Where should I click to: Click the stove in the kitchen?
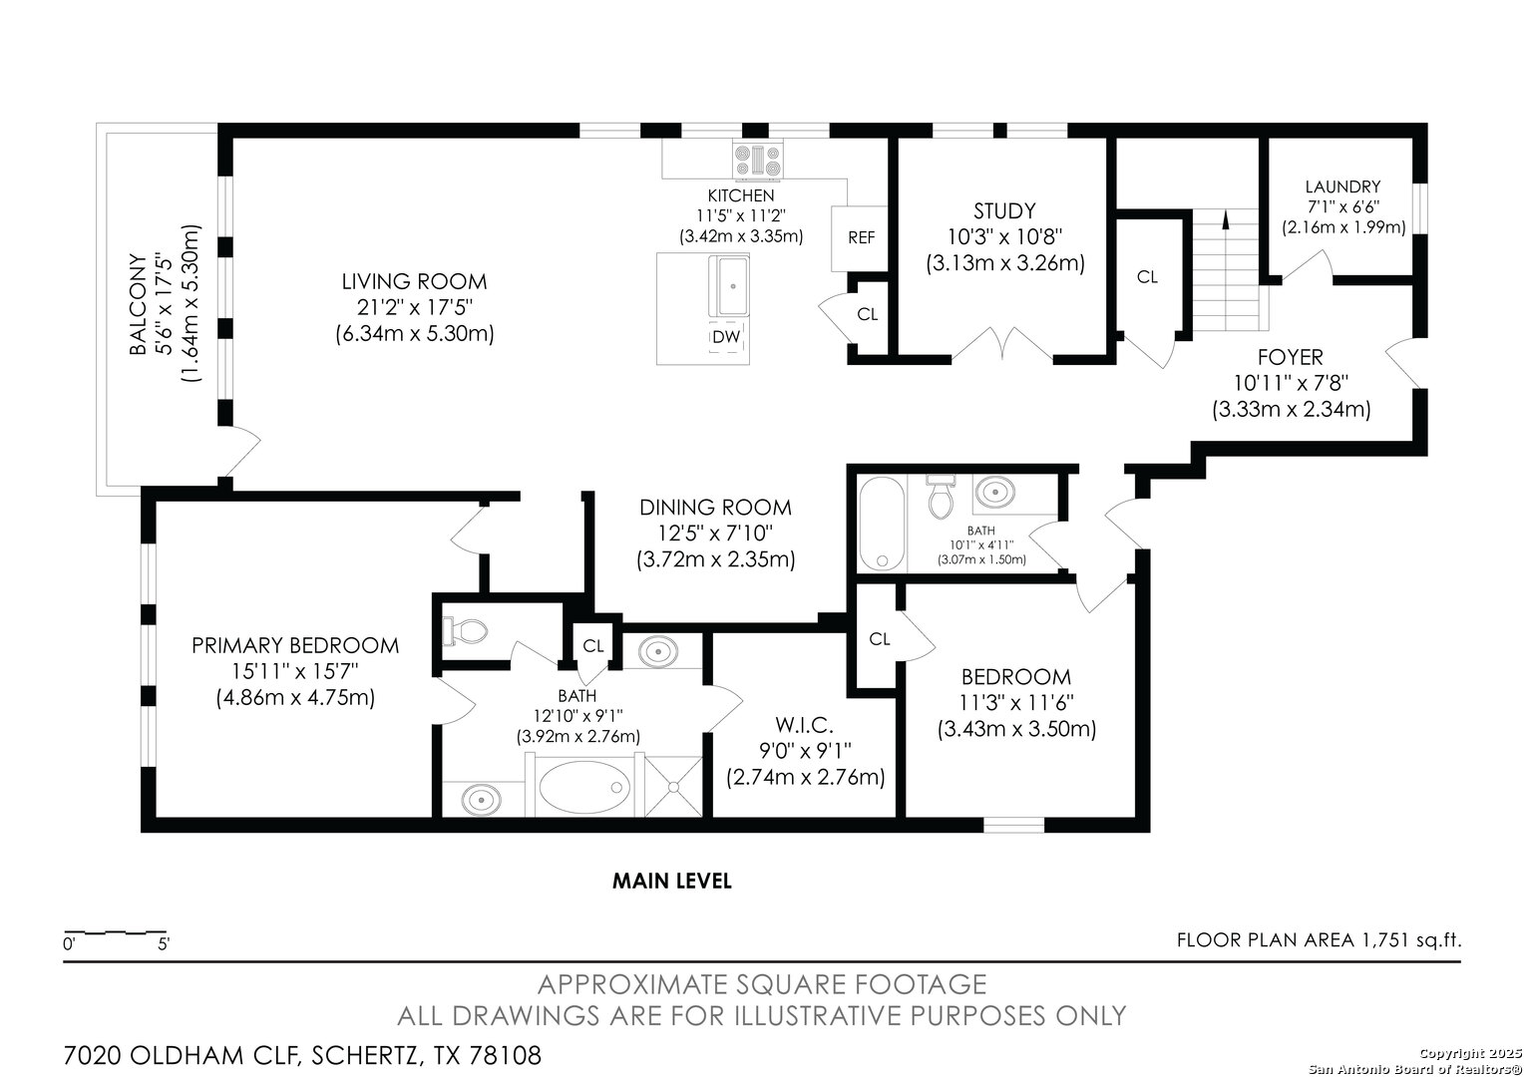tap(757, 162)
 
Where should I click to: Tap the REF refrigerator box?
tap(860, 238)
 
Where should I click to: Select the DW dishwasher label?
tap(726, 337)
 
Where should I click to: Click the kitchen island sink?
tap(729, 286)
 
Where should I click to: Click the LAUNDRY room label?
tap(1343, 186)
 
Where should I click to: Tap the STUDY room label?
tap(1004, 210)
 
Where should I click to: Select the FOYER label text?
tap(1290, 357)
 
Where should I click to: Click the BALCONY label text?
tap(138, 304)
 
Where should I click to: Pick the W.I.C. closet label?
tap(804, 725)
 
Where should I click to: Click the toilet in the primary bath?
tap(466, 630)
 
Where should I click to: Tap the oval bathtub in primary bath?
tap(583, 787)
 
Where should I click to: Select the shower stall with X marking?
tap(673, 787)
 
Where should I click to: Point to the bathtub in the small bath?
tap(883, 524)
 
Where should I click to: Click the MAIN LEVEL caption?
tap(672, 882)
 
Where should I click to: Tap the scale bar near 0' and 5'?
tap(115, 932)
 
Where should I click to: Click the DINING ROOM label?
tap(716, 508)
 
